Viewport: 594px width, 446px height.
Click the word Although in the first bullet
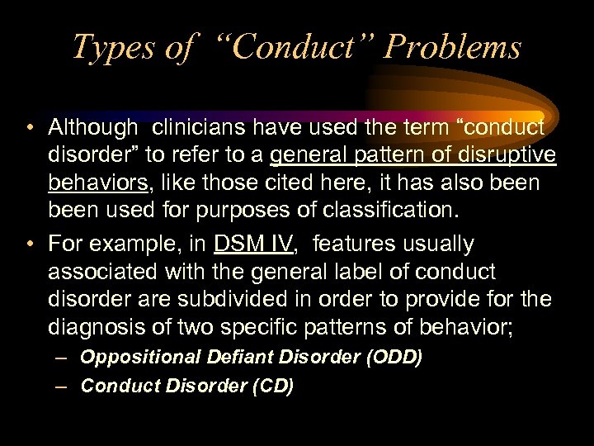(93, 128)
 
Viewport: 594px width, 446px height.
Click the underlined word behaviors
(101, 183)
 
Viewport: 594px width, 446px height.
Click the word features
(355, 244)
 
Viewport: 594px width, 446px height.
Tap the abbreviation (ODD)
(394, 358)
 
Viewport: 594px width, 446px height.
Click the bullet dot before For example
(29, 245)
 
